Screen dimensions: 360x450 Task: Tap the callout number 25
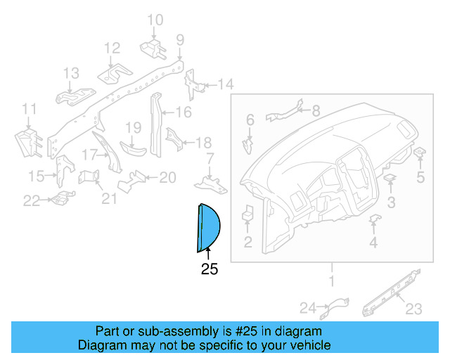pyautogui.click(x=210, y=269)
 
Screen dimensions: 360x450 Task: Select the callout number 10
pyautogui.click(x=155, y=20)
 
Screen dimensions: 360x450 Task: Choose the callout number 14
pyautogui.click(x=224, y=85)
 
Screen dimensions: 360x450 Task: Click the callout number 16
pyautogui.click(x=183, y=112)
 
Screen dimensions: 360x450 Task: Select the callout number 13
pyautogui.click(x=72, y=73)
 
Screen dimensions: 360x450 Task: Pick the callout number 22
pyautogui.click(x=32, y=201)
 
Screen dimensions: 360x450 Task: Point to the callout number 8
pyautogui.click(x=315, y=110)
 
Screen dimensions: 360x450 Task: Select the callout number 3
pyautogui.click(x=391, y=202)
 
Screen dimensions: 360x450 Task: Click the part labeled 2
pyautogui.click(x=247, y=214)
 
